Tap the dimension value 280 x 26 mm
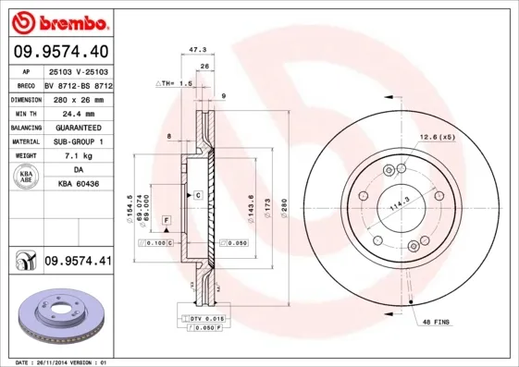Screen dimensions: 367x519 click(x=78, y=98)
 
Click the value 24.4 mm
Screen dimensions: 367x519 click(x=78, y=112)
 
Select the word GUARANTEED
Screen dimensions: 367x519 click(x=78, y=127)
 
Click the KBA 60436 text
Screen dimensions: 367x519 click(x=78, y=184)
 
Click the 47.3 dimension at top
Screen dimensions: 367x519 click(x=196, y=52)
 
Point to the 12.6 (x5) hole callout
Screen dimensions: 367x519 click(x=437, y=138)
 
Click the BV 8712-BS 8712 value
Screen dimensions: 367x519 click(x=78, y=83)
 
